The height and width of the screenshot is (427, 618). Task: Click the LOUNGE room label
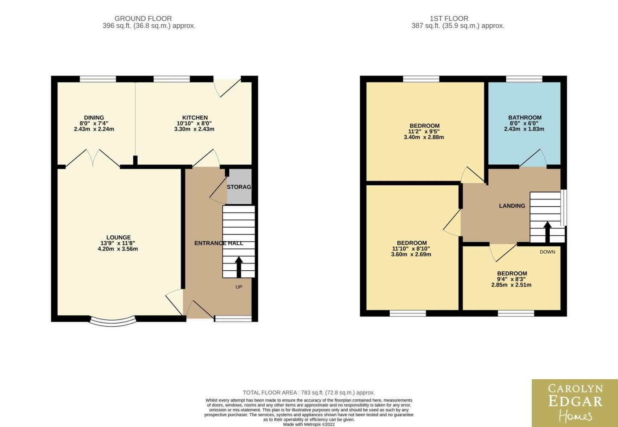pos(119,237)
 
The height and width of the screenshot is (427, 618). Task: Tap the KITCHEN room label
pos(195,117)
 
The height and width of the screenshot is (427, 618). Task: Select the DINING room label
pos(94,117)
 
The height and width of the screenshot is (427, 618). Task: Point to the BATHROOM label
pos(525,117)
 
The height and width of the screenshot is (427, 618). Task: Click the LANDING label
pos(512,206)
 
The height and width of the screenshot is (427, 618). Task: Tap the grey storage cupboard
pos(239,187)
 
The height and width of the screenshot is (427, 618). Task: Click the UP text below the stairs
pos(239,287)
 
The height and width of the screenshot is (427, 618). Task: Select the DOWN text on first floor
pos(548,252)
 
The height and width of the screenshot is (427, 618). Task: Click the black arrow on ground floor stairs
pos(239,267)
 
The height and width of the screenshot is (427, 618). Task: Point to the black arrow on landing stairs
pos(548,232)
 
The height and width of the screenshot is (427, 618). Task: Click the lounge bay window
pos(113,322)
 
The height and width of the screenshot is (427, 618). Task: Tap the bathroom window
pos(524,79)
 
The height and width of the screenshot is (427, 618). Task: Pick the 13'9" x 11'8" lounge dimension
pos(118,243)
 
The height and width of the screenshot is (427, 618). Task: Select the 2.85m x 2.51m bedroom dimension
pos(511,285)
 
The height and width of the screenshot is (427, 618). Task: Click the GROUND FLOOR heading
pos(143,18)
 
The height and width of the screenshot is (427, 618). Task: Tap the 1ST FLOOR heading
pos(449,18)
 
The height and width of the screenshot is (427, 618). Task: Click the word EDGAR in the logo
pos(575,402)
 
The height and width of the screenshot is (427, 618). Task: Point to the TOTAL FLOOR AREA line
pos(309,392)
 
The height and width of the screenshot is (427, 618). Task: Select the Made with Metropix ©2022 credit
pos(309,424)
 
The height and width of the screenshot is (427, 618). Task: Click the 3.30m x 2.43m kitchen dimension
pos(194,129)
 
